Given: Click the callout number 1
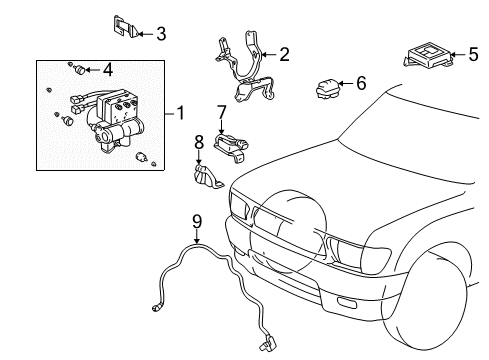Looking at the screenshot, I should pyautogui.click(x=181, y=113).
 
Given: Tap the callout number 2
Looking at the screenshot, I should pyautogui.click(x=284, y=54).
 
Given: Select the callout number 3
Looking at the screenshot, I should pyautogui.click(x=160, y=33).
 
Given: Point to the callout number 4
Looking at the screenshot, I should pyautogui.click(x=108, y=69).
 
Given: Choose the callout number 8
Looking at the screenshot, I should pyautogui.click(x=199, y=142).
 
